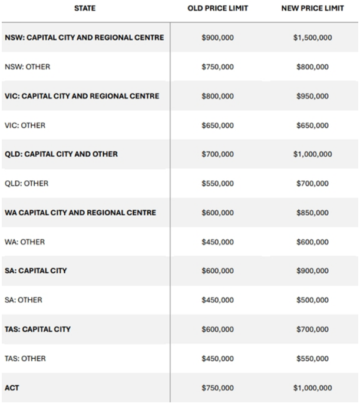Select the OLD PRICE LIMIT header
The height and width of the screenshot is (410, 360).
[x=217, y=9]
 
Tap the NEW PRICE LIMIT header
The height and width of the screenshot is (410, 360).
[x=312, y=9]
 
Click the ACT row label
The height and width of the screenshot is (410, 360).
[x=11, y=388]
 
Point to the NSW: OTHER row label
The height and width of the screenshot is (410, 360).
[x=28, y=67]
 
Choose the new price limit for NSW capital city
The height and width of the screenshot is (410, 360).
[x=312, y=38]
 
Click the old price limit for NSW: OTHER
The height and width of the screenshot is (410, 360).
[x=217, y=67]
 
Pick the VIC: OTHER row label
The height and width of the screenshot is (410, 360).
[x=25, y=125]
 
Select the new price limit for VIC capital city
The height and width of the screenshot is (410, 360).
[x=312, y=96]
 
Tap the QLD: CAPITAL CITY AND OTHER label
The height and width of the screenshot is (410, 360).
[x=61, y=154]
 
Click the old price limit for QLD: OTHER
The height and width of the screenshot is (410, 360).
[x=217, y=184]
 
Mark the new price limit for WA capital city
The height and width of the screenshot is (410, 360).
[x=312, y=213]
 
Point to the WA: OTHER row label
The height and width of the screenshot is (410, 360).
[x=25, y=242]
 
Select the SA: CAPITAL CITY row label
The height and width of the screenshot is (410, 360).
[x=36, y=271]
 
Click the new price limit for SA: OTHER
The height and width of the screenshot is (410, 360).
[x=312, y=300]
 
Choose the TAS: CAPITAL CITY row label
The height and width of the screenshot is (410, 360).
[x=38, y=329]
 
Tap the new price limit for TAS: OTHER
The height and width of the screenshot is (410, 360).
[x=312, y=359]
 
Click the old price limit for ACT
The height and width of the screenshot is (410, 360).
[x=217, y=388]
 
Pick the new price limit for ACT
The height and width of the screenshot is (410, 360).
[x=312, y=388]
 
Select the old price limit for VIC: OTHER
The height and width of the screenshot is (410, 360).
[x=217, y=125]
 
